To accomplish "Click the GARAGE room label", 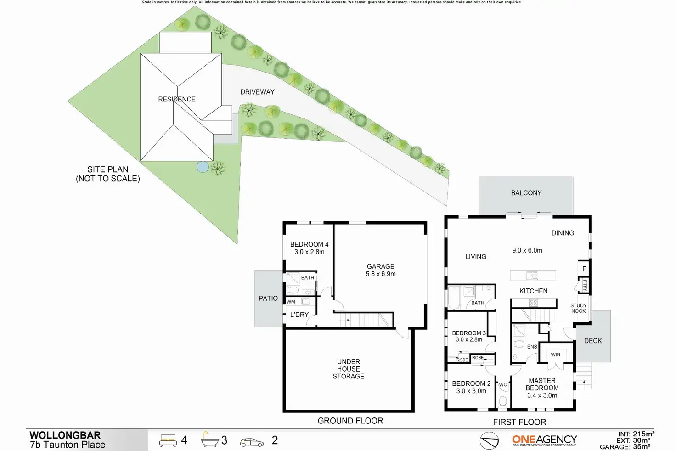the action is pyautogui.click(x=380, y=266).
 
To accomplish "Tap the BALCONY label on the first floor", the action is pyautogui.click(x=526, y=193).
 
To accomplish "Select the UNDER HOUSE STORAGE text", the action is pyautogui.click(x=348, y=369).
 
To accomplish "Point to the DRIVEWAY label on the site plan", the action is pyautogui.click(x=257, y=92).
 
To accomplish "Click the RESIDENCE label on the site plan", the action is pyautogui.click(x=177, y=99).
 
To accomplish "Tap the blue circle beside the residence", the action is pyautogui.click(x=202, y=167).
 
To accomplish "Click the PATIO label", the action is pyautogui.click(x=268, y=299).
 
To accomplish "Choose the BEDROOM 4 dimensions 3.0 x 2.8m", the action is pyautogui.click(x=309, y=252).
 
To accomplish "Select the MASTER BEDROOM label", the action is pyautogui.click(x=542, y=384).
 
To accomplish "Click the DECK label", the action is pyautogui.click(x=592, y=341).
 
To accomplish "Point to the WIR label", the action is pyautogui.click(x=555, y=355).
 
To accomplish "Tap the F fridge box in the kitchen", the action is pyautogui.click(x=584, y=269).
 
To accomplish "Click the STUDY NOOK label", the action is pyautogui.click(x=578, y=308).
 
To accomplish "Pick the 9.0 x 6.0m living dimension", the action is pyautogui.click(x=527, y=250).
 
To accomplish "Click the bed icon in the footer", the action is pyautogui.click(x=168, y=440).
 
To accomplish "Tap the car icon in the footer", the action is pyautogui.click(x=252, y=442).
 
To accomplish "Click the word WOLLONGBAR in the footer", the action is pyautogui.click(x=65, y=435).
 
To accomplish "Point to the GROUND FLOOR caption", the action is pyautogui.click(x=350, y=421).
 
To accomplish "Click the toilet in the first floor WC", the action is pyautogui.click(x=502, y=401).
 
